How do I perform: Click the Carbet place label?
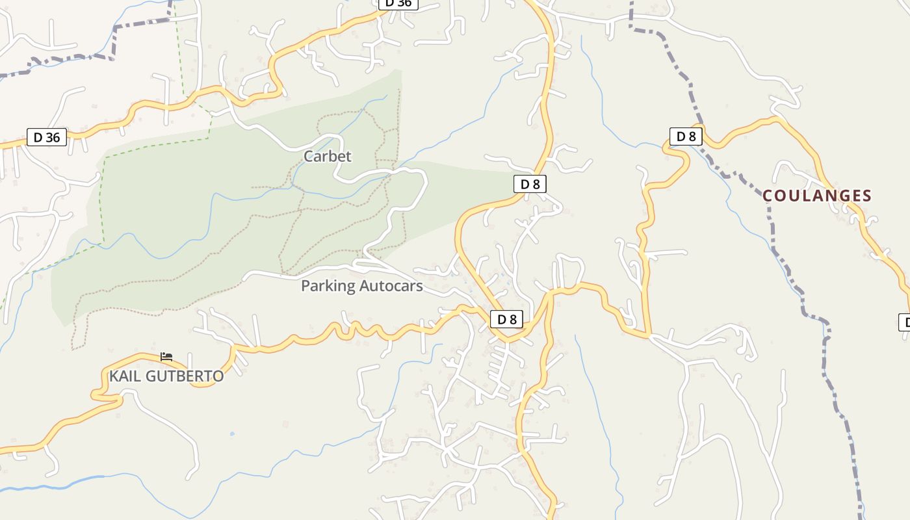327,156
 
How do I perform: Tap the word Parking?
328,286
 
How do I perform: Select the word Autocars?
391,286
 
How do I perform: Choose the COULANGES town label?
817,196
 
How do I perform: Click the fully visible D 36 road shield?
47,137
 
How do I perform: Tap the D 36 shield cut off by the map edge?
398,3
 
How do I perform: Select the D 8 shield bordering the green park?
530,184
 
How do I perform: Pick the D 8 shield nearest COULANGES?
686,136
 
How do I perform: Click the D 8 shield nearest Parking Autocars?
506,319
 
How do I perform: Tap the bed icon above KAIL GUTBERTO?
166,357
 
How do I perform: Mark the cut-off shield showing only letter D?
904,322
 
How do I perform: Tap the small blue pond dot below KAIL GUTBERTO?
232,434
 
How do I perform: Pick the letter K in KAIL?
114,376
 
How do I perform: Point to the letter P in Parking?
305,286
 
